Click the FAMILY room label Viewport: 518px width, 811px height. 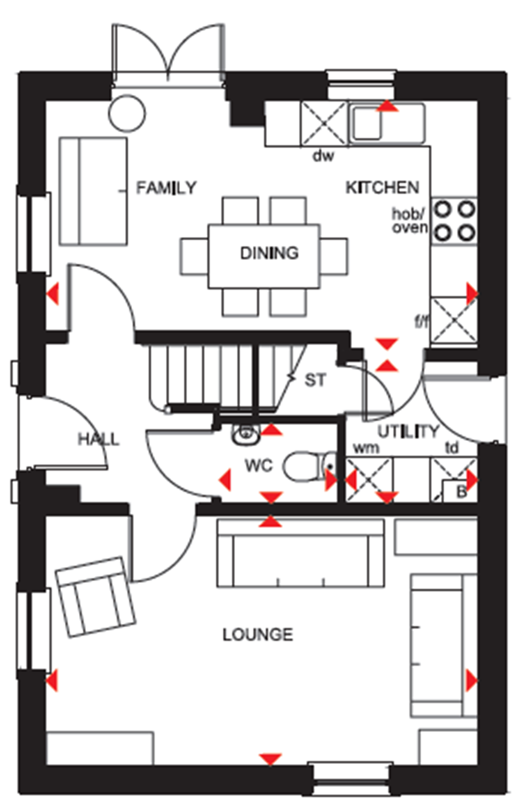(x=166, y=188)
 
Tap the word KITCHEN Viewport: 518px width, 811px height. (x=382, y=188)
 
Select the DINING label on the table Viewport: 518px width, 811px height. (x=269, y=253)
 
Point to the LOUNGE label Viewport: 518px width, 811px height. (x=257, y=634)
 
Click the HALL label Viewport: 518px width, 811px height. (x=99, y=439)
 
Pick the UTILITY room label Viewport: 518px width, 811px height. (x=408, y=432)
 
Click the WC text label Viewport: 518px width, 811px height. (x=258, y=465)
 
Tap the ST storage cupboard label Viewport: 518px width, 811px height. (x=315, y=380)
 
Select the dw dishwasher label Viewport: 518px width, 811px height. (x=323, y=155)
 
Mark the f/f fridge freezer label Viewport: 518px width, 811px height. (x=421, y=320)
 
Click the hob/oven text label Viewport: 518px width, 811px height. (x=410, y=221)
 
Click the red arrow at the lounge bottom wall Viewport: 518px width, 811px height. (x=270, y=759)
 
